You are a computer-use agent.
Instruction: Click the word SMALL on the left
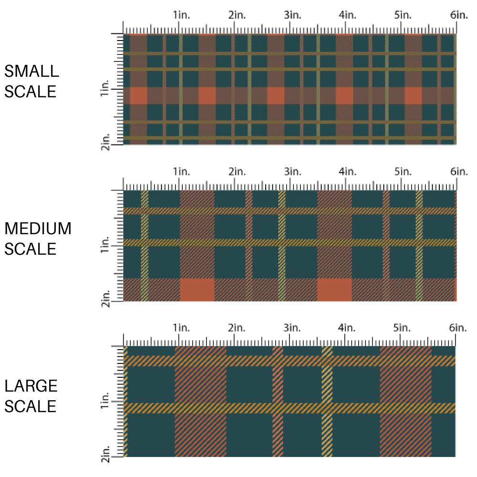point(31,72)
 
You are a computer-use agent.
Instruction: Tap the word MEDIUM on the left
point(38,229)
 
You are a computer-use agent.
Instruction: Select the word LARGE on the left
point(31,386)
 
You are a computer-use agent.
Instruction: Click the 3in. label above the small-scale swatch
point(291,15)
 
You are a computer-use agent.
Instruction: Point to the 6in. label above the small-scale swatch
point(458,15)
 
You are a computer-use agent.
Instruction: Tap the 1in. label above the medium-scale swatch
point(181,171)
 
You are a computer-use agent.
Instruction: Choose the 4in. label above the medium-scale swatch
point(347,171)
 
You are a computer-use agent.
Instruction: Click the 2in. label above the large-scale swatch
point(236,328)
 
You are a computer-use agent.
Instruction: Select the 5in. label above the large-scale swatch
point(402,328)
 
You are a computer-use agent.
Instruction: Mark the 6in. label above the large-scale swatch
point(457,328)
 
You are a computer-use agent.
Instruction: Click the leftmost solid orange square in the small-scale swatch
point(138,96)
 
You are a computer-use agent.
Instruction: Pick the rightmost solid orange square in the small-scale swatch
point(413,96)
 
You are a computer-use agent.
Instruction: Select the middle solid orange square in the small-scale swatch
point(276,96)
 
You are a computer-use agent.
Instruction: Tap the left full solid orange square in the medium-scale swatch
point(197,290)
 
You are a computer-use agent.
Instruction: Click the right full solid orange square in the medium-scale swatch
point(334,290)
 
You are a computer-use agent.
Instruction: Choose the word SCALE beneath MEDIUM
point(31,249)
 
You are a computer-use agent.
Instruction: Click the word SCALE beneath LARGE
point(31,406)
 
